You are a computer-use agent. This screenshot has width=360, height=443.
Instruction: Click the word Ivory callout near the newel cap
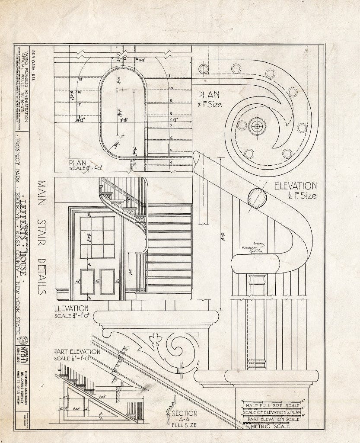(259, 243)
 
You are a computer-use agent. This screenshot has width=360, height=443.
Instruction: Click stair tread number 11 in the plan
(170, 77)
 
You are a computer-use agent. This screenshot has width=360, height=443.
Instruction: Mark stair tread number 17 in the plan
(79, 104)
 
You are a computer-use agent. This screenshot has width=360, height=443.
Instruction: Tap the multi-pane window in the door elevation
(98, 238)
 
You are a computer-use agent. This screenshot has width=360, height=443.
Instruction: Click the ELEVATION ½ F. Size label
(296, 190)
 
